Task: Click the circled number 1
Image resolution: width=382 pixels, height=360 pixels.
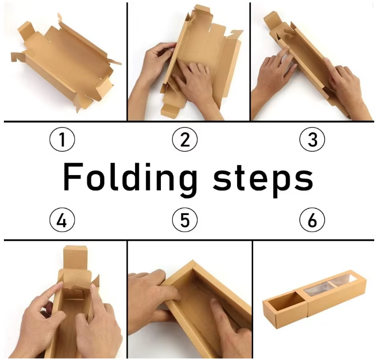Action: pos(62,139)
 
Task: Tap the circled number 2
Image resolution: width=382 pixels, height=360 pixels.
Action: pos(185,139)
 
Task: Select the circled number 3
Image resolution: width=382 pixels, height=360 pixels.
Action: pos(312,139)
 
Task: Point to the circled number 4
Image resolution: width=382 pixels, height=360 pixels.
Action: pos(62,220)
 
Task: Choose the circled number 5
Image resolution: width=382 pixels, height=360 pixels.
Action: pos(185,220)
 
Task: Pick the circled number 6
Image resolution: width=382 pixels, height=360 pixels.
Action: pos(312,220)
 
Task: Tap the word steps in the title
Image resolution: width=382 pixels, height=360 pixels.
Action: pos(263,179)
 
